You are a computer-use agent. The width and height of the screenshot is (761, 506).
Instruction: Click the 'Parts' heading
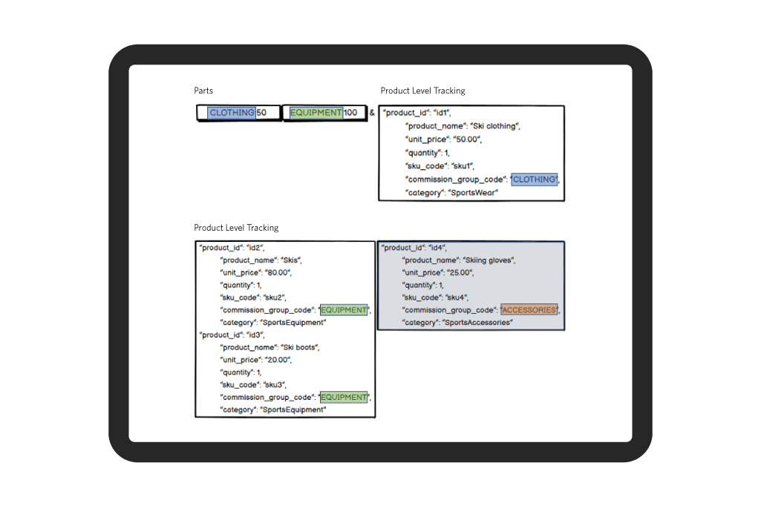203,91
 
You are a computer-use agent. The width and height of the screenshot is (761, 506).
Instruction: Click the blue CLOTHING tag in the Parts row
232,113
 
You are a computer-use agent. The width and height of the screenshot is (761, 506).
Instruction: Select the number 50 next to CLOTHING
261,113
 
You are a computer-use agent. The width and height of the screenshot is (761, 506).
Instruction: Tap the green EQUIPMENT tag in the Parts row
316,113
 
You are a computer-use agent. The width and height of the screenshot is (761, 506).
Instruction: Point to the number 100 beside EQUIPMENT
350,113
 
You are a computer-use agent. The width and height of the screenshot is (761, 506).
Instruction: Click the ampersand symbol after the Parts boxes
372,113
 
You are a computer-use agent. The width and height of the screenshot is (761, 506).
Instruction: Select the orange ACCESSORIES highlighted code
529,310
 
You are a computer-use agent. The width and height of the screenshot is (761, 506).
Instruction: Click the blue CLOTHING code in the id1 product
535,180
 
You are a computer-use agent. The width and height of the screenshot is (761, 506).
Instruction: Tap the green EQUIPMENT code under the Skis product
344,310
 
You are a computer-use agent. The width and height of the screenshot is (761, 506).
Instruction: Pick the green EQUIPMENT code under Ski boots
344,397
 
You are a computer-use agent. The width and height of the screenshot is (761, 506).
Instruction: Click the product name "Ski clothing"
494,126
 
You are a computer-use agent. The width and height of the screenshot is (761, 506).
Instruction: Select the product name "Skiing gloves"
489,260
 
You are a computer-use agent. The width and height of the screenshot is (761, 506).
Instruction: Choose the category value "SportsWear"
473,193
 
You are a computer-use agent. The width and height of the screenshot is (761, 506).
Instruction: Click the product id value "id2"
255,247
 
